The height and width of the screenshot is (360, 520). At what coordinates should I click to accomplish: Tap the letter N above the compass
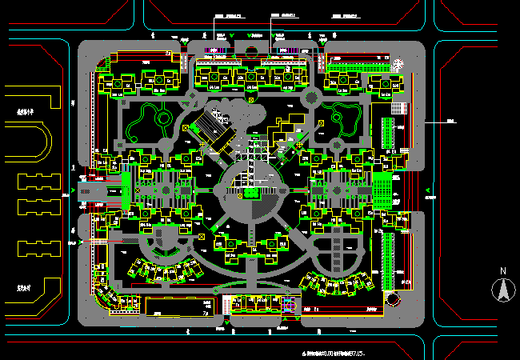click(503, 271)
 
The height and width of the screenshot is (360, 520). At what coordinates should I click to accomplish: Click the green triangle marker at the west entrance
click(74, 190)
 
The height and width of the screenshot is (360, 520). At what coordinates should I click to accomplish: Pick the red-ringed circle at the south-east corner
click(392, 298)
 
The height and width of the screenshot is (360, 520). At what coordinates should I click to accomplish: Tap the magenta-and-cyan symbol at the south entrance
click(287, 304)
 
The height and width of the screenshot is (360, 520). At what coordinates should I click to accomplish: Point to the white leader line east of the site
click(438, 122)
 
